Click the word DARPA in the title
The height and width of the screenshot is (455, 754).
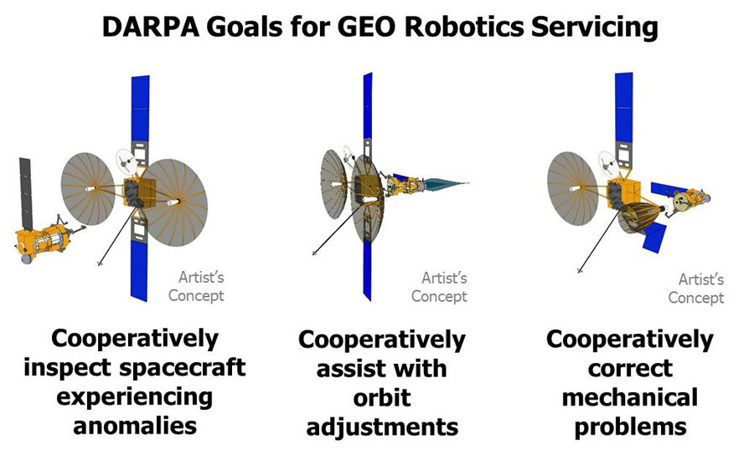151,27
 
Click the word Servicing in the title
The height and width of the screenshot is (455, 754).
594,28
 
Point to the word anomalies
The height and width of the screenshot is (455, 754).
135,426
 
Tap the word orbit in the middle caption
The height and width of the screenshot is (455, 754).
382,397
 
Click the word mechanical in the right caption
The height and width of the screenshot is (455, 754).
629,397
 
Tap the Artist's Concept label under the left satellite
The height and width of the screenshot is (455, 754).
197,287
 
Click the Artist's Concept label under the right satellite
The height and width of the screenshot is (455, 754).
696,289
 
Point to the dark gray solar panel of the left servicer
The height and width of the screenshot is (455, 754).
25,193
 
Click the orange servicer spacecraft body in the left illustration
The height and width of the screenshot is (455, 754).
41,240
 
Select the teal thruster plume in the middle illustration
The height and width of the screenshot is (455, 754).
447,183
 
